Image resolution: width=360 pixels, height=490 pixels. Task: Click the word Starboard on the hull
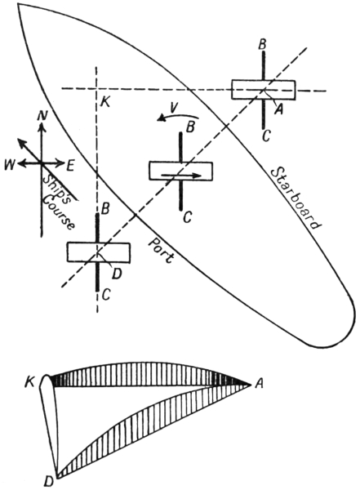coord(296,198)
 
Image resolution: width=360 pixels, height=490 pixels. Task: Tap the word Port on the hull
coord(161,251)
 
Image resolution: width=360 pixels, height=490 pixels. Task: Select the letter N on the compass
coord(42,116)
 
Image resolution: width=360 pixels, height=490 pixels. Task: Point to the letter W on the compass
coord(9,165)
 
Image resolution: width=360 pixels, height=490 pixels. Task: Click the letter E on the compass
coord(70,165)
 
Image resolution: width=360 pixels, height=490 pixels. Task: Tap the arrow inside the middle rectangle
coord(181,176)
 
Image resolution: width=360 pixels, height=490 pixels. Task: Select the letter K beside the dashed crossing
coord(105,102)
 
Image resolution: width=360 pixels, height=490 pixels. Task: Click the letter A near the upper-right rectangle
coord(278,109)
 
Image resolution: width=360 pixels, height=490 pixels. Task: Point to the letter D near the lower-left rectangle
coord(116,274)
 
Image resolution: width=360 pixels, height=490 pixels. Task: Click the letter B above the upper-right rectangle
coord(262,45)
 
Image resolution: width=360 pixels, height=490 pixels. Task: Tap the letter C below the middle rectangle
coord(187,217)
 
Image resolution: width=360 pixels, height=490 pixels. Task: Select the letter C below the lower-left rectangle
coord(106,294)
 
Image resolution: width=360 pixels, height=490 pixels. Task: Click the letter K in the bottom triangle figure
coord(31,384)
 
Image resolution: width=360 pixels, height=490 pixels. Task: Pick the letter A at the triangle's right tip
coord(259,384)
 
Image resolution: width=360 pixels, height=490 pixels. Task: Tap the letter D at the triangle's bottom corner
coord(47,483)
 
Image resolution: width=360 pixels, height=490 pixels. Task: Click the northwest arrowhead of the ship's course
coord(20,142)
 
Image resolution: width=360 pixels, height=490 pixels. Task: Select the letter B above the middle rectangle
coord(191,127)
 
